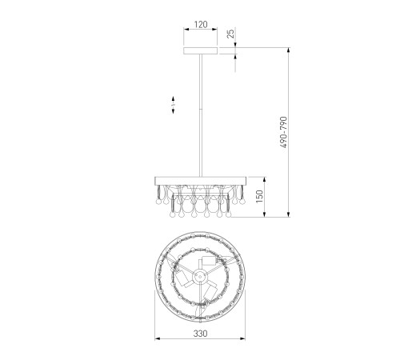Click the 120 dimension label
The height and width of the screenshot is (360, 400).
pyautogui.click(x=201, y=24)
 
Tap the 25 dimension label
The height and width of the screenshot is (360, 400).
pyautogui.click(x=230, y=33)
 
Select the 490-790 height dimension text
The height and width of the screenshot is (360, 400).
pyautogui.click(x=284, y=132)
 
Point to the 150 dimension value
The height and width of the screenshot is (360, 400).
pyautogui.click(x=259, y=197)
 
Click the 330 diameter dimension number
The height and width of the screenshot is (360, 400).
pyautogui.click(x=200, y=334)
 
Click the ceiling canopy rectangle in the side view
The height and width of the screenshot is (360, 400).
pyautogui.click(x=201, y=50)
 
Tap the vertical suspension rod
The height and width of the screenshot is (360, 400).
pyautogui.click(x=201, y=115)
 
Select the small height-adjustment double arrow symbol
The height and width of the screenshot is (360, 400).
pyautogui.click(x=173, y=105)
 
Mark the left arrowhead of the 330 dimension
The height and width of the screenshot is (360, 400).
pyautogui.click(x=158, y=338)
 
